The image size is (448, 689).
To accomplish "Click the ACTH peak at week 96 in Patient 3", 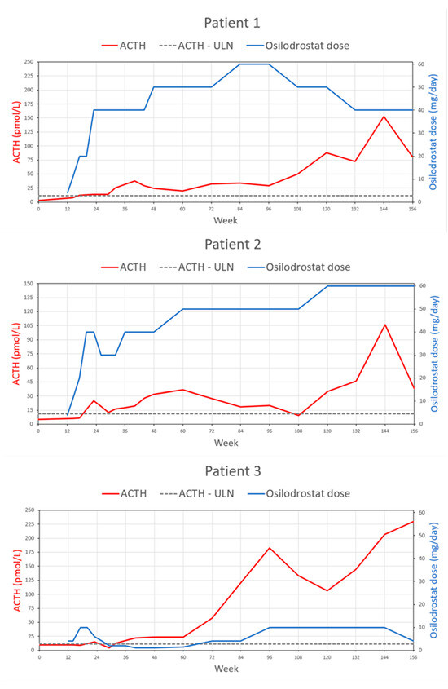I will (x=270, y=547).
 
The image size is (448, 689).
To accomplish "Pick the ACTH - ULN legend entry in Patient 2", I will (x=202, y=267).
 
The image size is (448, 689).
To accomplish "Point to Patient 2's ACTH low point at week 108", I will (x=298, y=415).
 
